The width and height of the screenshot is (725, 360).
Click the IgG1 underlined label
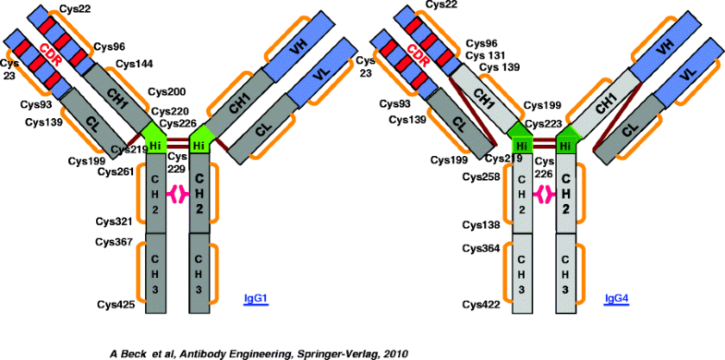(255, 297)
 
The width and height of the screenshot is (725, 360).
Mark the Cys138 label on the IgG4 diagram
(481, 224)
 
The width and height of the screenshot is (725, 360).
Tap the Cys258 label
(481, 175)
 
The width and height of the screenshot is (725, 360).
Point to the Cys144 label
(135, 64)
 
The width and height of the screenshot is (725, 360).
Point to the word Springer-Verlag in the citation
(324, 352)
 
